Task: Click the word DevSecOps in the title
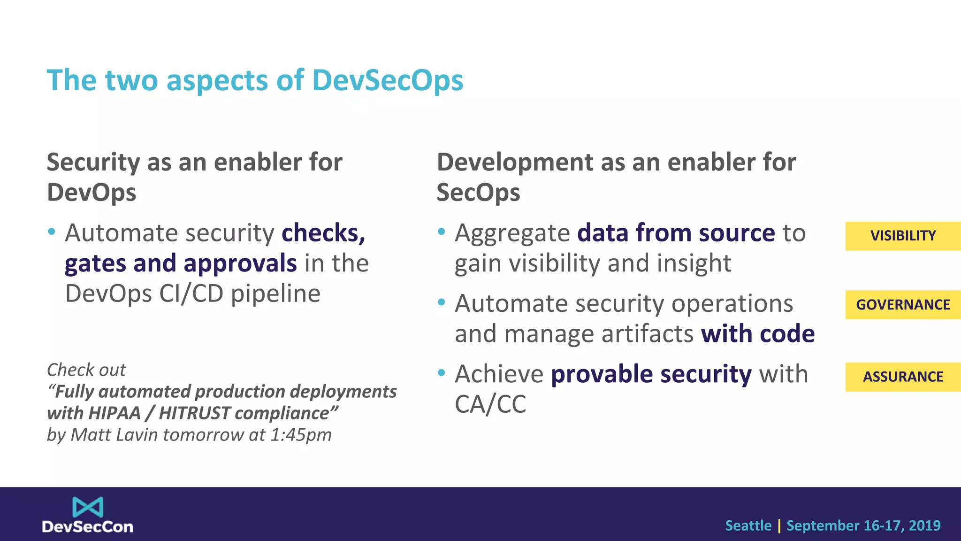point(388,80)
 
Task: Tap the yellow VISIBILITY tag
point(903,236)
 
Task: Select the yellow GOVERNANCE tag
point(903,305)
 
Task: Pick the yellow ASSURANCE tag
point(903,377)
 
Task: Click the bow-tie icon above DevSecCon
point(88,507)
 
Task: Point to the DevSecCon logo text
point(88,527)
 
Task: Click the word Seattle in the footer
point(748,526)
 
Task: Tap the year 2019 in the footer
point(924,526)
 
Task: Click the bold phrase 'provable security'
point(651,374)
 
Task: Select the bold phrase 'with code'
point(757,334)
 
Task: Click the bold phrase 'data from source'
point(676,233)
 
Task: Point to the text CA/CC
point(490,404)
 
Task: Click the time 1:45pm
point(301,435)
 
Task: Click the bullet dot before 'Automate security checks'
point(52,232)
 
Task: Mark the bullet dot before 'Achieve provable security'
point(441,373)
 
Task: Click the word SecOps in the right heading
point(478,193)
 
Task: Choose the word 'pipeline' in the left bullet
point(275,294)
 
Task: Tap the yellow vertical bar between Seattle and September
point(779,526)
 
